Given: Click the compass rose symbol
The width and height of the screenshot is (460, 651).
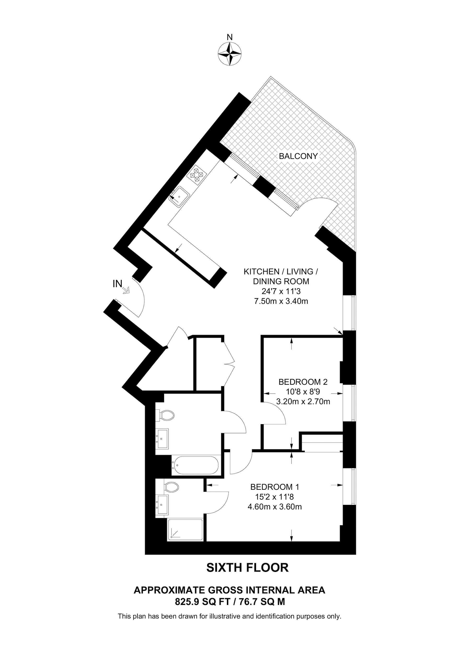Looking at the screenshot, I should (230, 54).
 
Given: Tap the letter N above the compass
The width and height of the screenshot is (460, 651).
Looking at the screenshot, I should (230, 37).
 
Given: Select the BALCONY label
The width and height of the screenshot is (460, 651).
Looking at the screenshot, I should (298, 156).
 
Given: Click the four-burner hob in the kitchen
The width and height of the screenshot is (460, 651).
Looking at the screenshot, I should (197, 175).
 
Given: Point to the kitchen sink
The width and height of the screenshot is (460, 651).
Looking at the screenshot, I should (179, 196).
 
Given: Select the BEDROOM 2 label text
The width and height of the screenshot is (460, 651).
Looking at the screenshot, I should (303, 382).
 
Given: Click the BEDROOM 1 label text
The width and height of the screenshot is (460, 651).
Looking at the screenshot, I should (275, 487).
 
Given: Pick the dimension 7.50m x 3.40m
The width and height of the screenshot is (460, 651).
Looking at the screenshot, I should (281, 301).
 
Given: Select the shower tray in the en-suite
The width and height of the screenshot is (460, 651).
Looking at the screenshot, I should (185, 529).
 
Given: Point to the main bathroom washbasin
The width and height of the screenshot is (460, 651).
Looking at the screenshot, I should (162, 439).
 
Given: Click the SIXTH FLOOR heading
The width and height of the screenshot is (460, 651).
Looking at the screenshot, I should (247, 567).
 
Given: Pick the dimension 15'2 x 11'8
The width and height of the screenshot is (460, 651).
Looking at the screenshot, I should (275, 497).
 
